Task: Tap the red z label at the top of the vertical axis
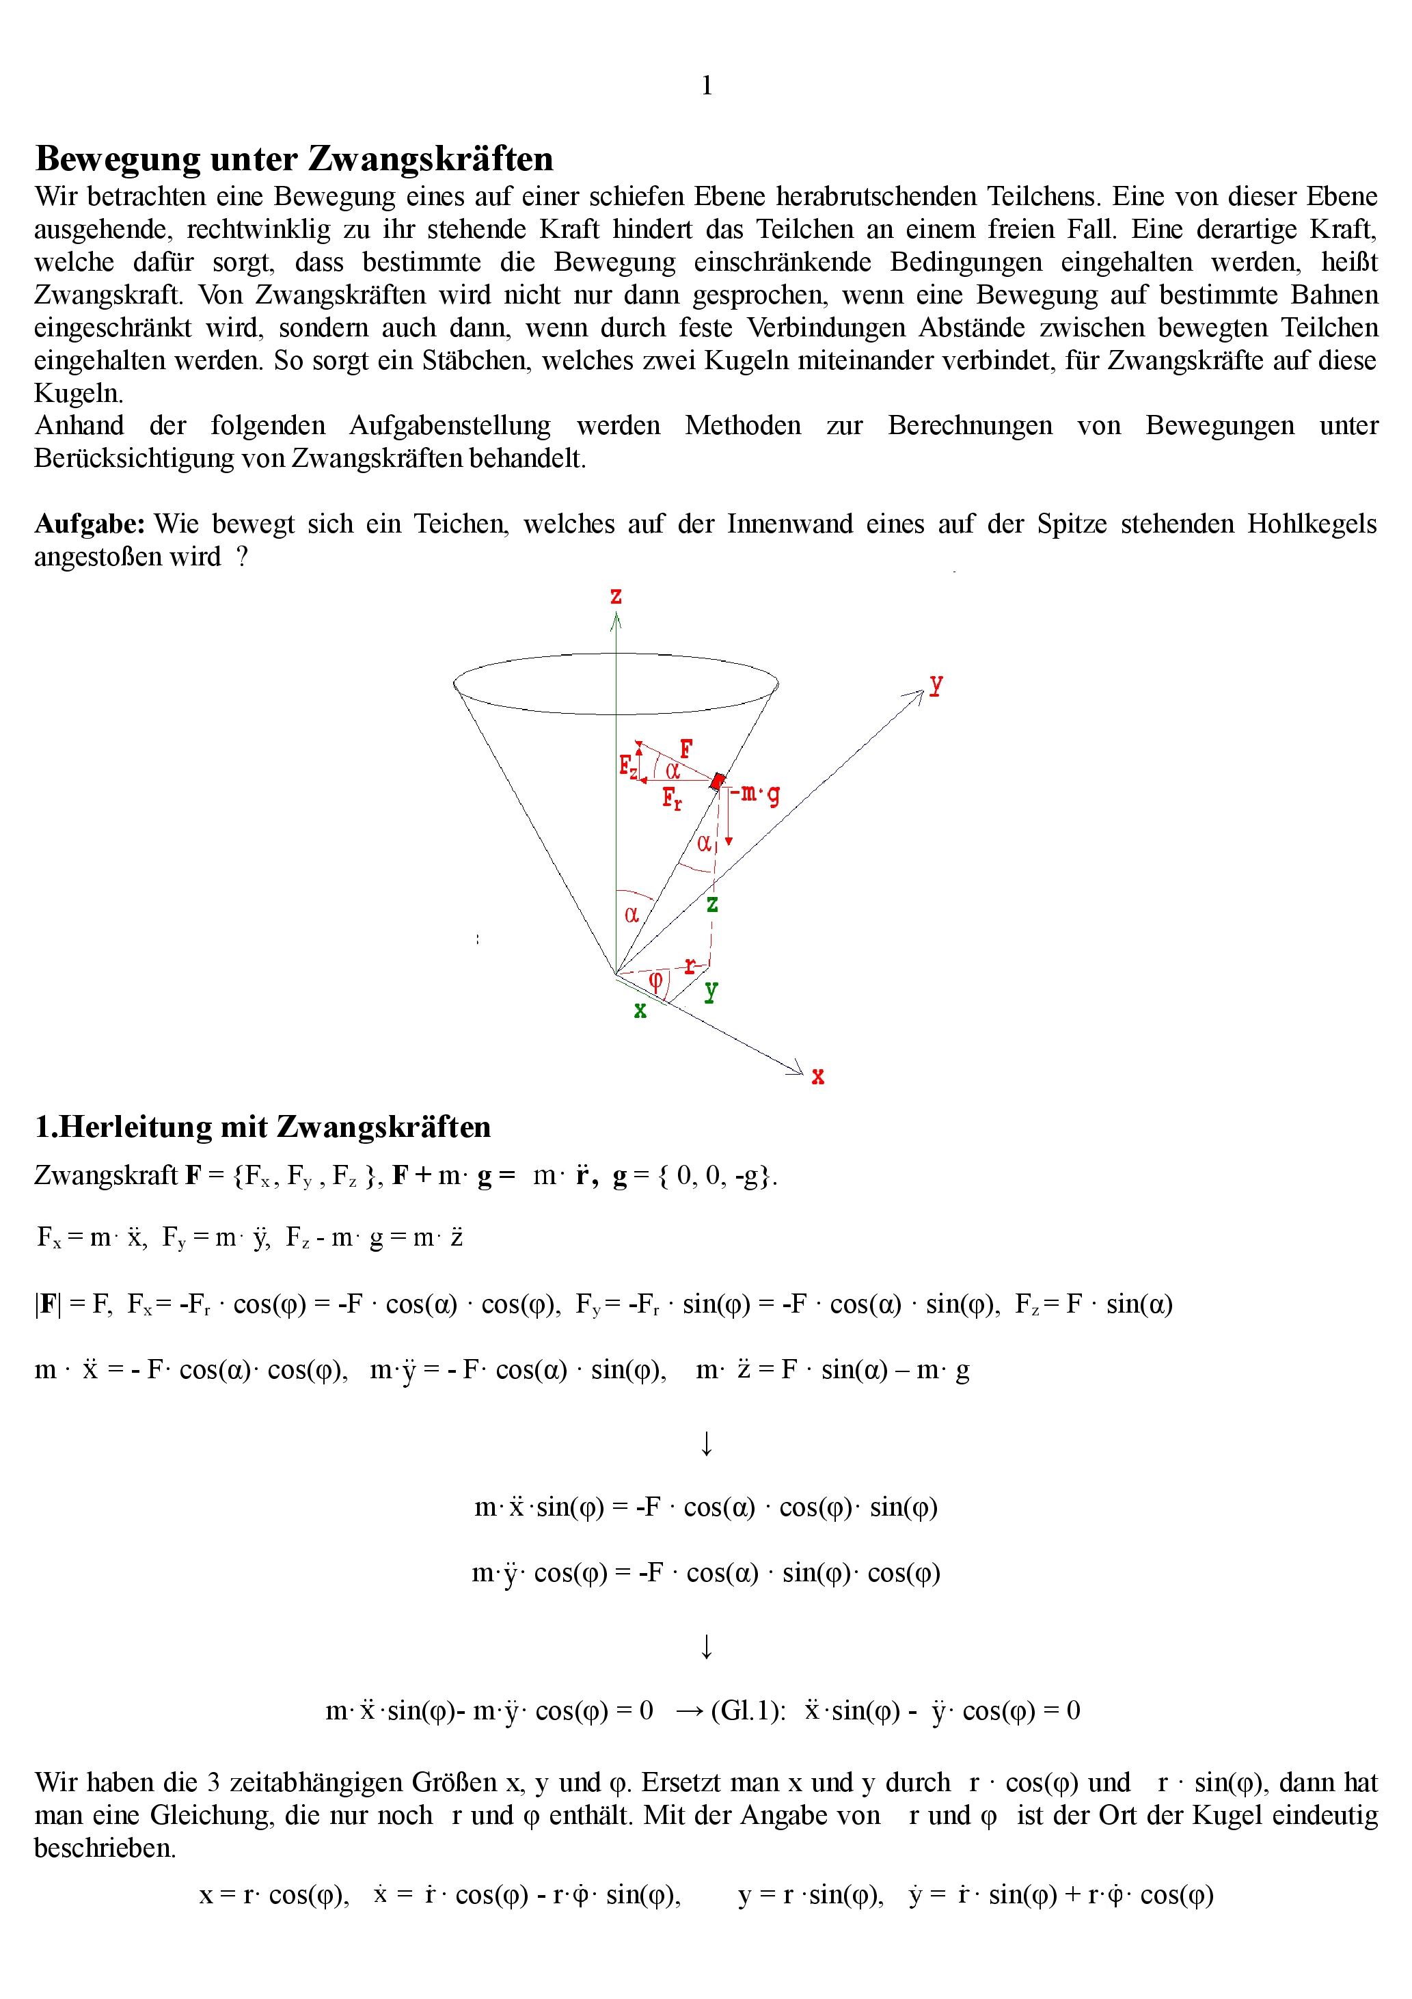[x=616, y=596]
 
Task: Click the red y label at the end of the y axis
[x=936, y=684]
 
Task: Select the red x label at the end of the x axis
[x=817, y=1077]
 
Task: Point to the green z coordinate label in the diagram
[x=712, y=904]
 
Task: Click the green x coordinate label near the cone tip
[x=640, y=1011]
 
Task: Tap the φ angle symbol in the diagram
[x=656, y=980]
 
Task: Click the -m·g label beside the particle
[x=756, y=794]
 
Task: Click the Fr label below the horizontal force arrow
[x=672, y=798]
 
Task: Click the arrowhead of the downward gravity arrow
[x=729, y=841]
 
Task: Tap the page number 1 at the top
[x=706, y=85]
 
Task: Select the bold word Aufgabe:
[x=89, y=524]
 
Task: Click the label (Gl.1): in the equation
[x=748, y=1710]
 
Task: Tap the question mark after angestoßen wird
[x=242, y=557]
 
